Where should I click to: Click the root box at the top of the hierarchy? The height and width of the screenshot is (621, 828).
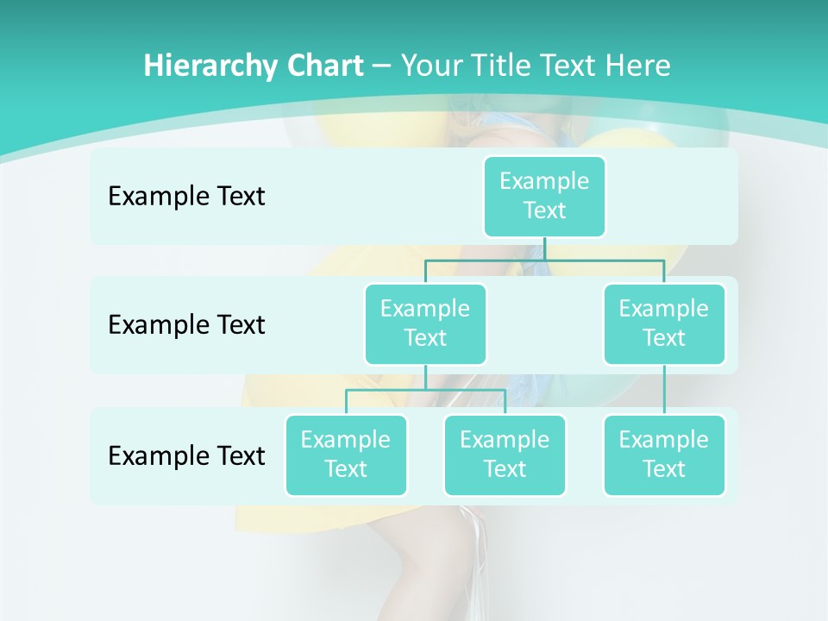(544, 196)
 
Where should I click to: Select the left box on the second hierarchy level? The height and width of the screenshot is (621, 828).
(425, 323)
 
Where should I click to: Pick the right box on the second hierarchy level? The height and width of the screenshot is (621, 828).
(664, 323)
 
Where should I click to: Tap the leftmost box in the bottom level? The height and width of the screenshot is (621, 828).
(346, 455)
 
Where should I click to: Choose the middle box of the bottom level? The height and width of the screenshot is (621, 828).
(505, 455)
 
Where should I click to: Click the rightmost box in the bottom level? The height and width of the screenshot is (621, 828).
(664, 455)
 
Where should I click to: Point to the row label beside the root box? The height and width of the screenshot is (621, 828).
(186, 197)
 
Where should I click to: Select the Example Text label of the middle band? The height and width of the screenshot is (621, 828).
(186, 325)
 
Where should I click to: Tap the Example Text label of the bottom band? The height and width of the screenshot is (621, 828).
(186, 455)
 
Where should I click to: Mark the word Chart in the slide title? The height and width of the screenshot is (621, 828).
(322, 66)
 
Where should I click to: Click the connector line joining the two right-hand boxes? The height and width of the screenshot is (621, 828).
(664, 389)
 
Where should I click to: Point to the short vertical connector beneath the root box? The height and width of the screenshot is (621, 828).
(544, 248)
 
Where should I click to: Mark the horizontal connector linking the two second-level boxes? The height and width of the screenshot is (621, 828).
(544, 259)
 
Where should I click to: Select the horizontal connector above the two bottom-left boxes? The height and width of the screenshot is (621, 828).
(425, 390)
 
